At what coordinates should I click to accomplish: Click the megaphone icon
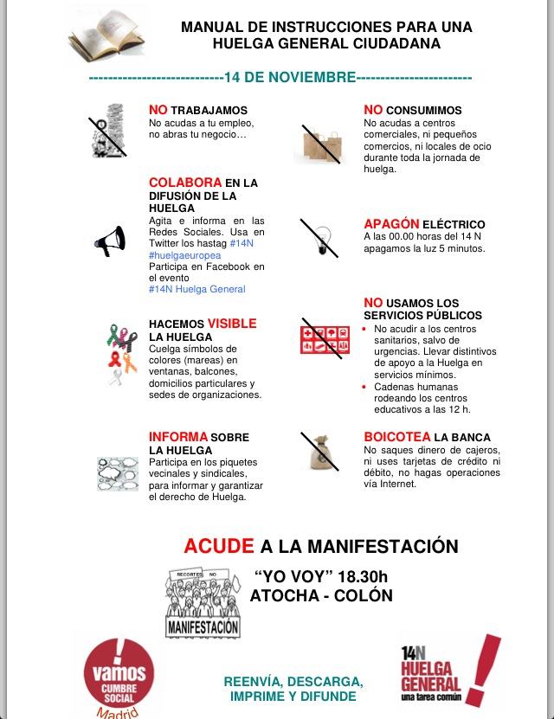pyautogui.click(x=111, y=243)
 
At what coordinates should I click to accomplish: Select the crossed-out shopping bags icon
pyautogui.click(x=318, y=144)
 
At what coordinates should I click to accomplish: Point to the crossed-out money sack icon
pyautogui.click(x=319, y=450)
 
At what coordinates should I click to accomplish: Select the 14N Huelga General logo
pyautogui.click(x=448, y=673)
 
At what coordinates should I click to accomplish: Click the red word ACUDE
pyautogui.click(x=219, y=546)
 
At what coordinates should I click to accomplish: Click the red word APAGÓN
pyautogui.click(x=391, y=224)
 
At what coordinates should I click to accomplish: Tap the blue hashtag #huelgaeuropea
pyautogui.click(x=184, y=255)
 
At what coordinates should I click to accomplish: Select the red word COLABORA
pyautogui.click(x=185, y=183)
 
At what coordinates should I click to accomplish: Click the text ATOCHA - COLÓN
pyautogui.click(x=320, y=595)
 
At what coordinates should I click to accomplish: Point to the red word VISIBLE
pyautogui.click(x=231, y=324)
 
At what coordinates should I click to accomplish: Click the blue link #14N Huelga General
pyautogui.click(x=196, y=289)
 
